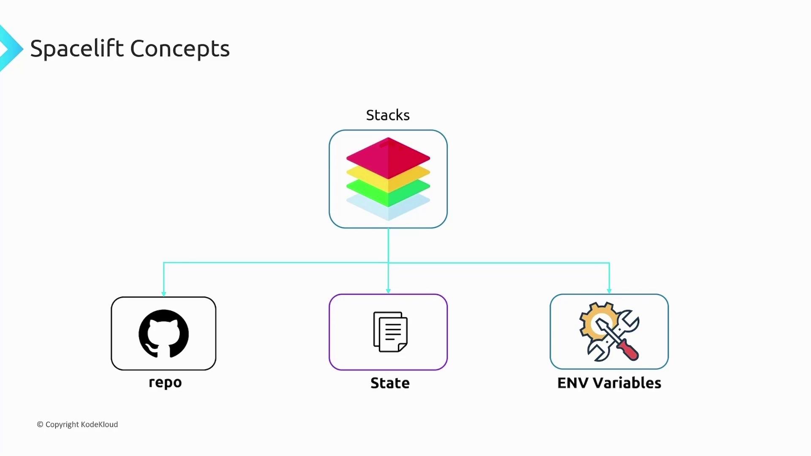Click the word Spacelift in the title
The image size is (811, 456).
pyautogui.click(x=77, y=49)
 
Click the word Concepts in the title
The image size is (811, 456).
pyautogui.click(x=180, y=49)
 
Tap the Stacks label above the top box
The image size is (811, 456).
pyautogui.click(x=388, y=115)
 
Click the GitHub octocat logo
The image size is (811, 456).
pyautogui.click(x=163, y=334)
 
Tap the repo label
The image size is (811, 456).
pyautogui.click(x=165, y=382)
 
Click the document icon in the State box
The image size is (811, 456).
pyautogui.click(x=390, y=332)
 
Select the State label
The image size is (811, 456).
pyautogui.click(x=390, y=383)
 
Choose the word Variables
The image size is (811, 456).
pyautogui.click(x=627, y=383)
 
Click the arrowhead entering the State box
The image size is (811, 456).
pyautogui.click(x=388, y=291)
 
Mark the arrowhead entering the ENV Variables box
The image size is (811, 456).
pyautogui.click(x=609, y=291)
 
